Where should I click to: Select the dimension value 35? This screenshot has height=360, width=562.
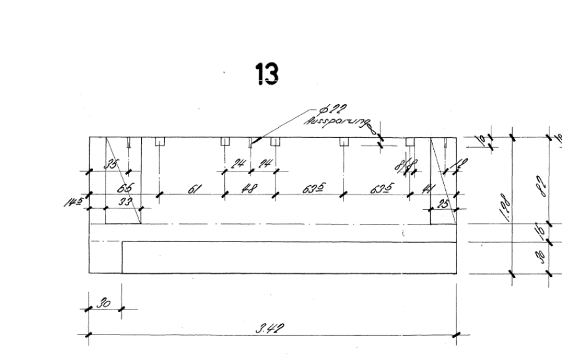click(112, 165)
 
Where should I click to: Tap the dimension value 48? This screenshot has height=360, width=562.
click(250, 188)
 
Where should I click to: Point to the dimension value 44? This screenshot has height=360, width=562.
click(429, 188)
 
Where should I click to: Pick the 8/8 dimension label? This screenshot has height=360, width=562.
click(412, 167)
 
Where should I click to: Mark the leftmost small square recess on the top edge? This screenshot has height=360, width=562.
click(159, 141)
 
